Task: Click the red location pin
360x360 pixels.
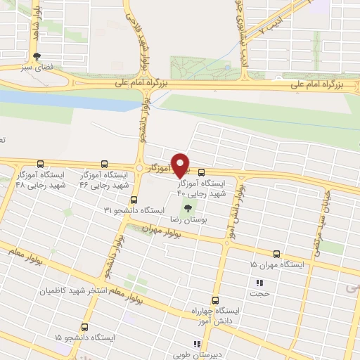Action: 181,165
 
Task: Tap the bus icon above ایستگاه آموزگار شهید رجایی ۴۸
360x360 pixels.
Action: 39,163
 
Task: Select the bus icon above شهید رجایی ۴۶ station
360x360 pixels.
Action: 104,163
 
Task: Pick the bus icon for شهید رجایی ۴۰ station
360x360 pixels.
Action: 202,172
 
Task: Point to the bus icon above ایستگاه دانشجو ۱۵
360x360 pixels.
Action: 85,327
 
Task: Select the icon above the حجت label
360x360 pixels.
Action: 257,283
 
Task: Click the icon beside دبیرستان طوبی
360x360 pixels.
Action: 198,344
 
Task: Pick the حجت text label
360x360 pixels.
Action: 262,295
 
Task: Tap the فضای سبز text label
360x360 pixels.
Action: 40,69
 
